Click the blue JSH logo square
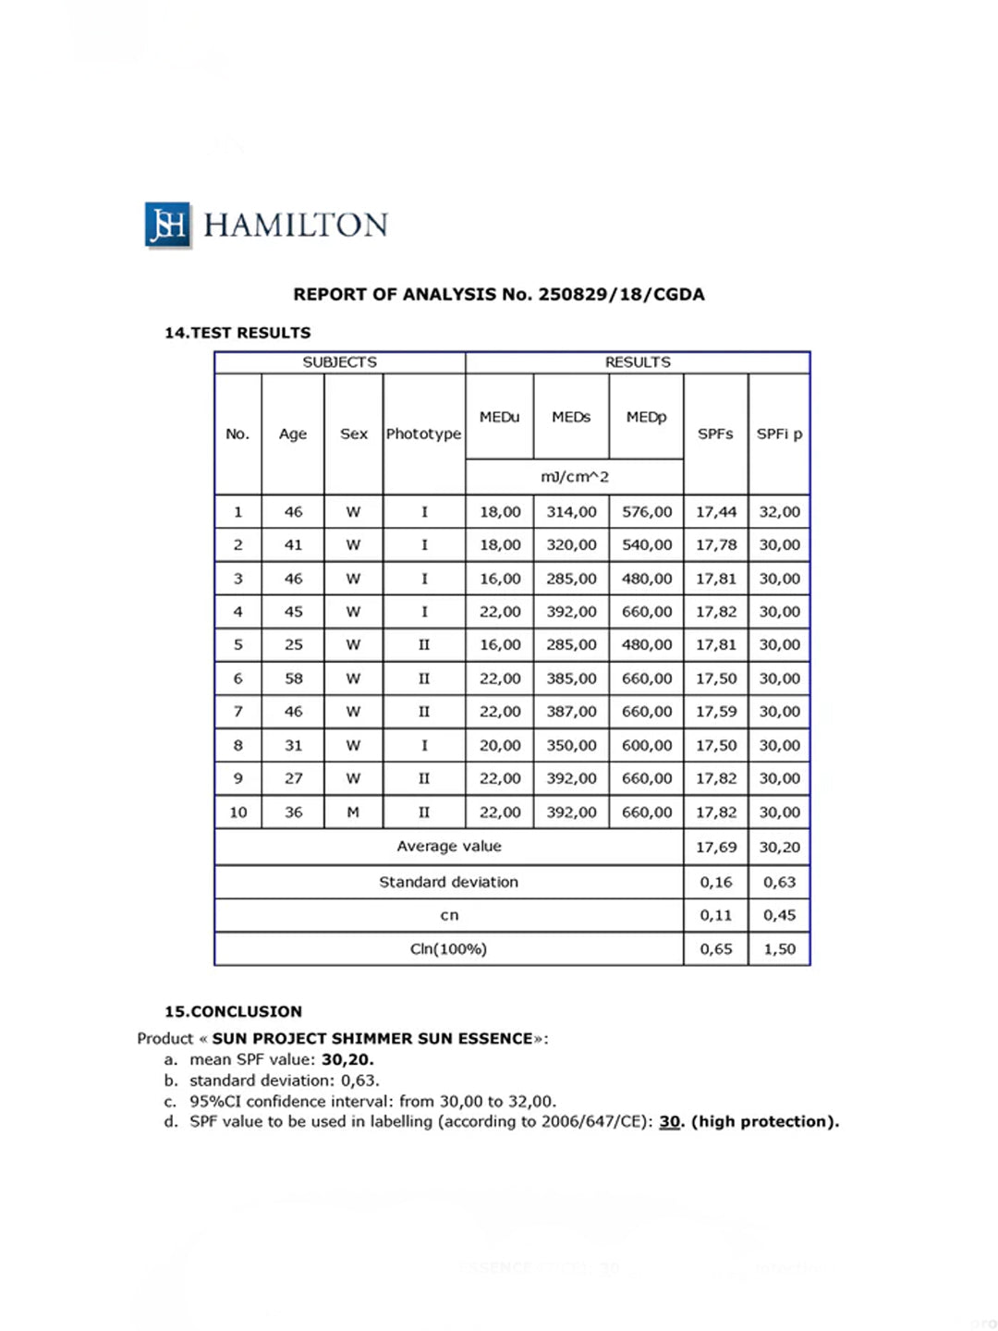167,225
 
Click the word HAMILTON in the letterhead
295,226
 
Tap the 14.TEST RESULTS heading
237,333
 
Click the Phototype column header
423,433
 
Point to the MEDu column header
499,417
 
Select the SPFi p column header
779,433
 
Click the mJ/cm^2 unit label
574,477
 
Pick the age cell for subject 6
293,678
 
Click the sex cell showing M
353,812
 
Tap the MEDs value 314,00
571,512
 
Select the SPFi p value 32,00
779,512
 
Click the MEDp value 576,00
647,512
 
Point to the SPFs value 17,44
716,512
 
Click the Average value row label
449,847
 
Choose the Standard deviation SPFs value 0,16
716,883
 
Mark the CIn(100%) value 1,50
779,949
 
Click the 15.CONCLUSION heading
233,1011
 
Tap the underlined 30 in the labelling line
669,1122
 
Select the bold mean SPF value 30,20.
347,1060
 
